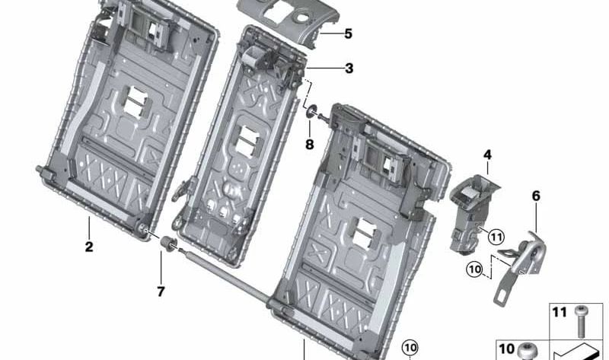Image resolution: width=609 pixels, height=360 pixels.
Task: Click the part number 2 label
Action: coord(89,247)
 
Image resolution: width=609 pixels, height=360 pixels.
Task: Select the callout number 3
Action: coord(349,68)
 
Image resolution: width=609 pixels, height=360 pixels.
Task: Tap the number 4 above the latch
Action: coord(487,156)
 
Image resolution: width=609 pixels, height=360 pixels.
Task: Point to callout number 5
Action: coord(348,33)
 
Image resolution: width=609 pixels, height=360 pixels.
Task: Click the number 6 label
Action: coord(536,196)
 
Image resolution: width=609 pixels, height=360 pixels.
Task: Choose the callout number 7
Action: coord(161,291)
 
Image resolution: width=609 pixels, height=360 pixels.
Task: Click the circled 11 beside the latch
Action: coord(496,237)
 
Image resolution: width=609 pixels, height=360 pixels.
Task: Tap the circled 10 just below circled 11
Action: coord(474,269)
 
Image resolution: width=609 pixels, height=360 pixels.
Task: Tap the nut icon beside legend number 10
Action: coord(525,352)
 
